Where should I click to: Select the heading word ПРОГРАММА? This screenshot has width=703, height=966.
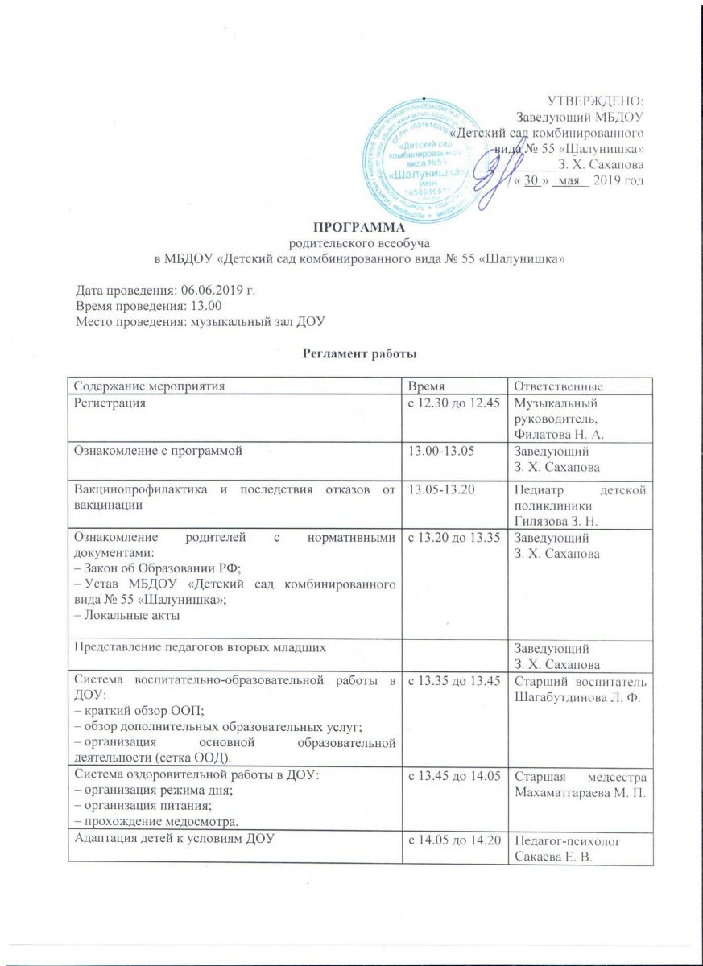(x=352, y=228)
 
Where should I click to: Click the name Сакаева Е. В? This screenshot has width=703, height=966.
(x=553, y=852)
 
